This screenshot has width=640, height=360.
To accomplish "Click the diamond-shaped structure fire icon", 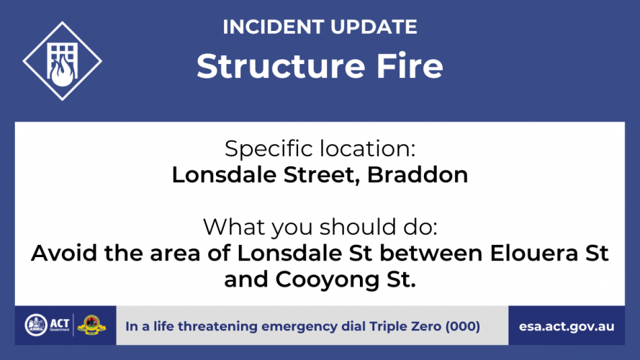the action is point(62,61).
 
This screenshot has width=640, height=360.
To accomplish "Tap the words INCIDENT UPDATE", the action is point(320,27).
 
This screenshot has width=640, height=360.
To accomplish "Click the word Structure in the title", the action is point(281,66).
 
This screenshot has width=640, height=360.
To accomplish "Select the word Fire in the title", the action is point(410,66).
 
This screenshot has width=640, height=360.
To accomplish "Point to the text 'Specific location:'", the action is point(320,148).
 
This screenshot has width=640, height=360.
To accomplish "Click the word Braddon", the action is point(417,175).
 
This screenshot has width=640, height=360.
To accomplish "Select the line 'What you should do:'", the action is point(320,227).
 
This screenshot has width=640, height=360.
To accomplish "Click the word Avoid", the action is point(64,253).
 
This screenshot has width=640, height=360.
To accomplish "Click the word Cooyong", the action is point(328,280).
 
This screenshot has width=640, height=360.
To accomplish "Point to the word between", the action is point(431,253).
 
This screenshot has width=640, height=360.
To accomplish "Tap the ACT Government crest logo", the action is point(36,325).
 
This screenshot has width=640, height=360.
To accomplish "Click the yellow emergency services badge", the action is point(91,325).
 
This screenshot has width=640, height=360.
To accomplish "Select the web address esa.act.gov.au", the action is point(567,327).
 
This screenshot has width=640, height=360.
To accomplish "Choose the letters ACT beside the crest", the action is point(60,323).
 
